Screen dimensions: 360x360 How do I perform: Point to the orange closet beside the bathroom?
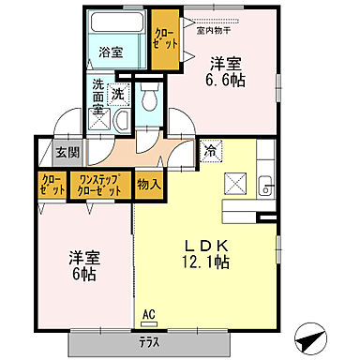coord(166,40)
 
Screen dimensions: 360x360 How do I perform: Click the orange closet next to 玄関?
coord(52,184)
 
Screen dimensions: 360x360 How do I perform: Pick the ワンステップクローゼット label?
coord(100,184)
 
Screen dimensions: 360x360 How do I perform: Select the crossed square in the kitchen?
coord(234,184)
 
